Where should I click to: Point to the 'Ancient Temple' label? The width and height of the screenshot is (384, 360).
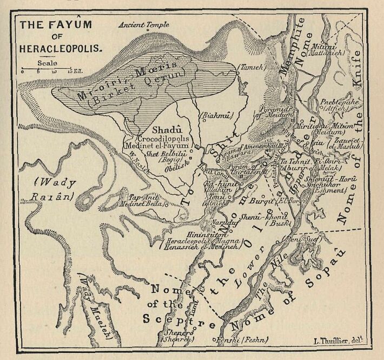144,25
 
